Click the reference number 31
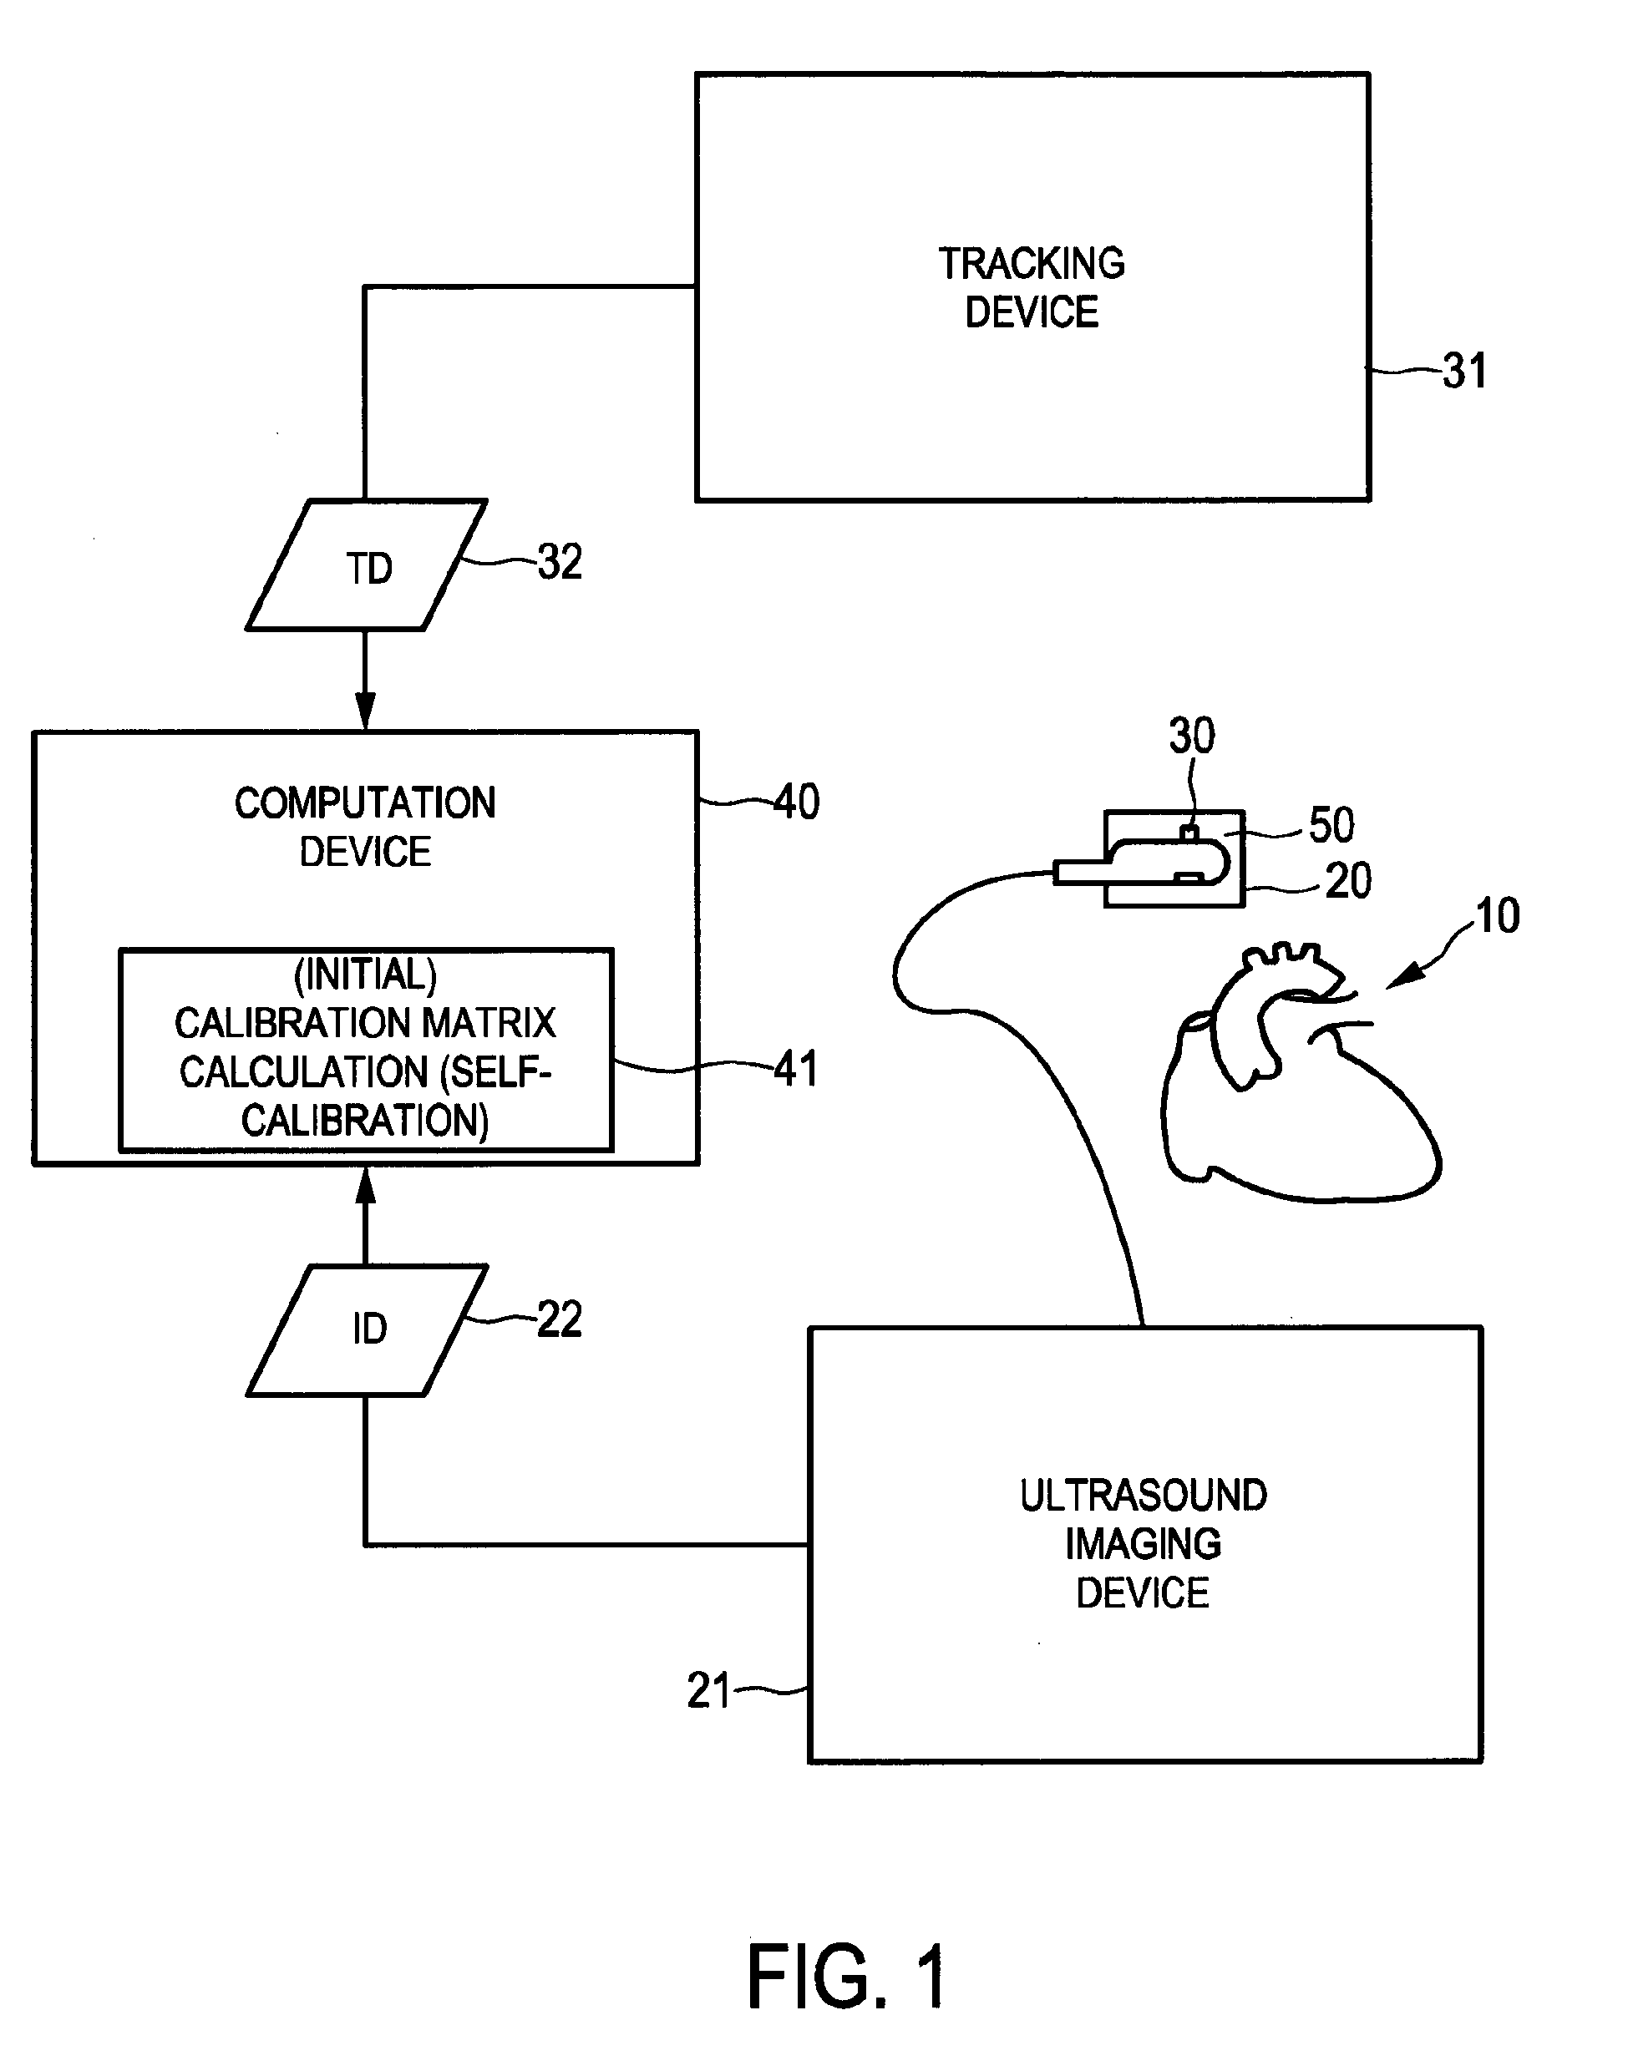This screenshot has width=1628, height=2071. (1463, 371)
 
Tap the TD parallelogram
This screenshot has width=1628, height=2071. (367, 566)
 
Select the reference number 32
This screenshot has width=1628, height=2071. (560, 562)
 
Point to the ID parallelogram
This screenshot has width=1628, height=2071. (368, 1329)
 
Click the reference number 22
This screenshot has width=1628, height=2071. (560, 1320)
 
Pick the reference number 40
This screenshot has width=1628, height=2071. (796, 802)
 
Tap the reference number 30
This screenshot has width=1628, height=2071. (1191, 736)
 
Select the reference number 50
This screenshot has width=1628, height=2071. (1331, 825)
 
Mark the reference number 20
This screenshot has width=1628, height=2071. (1348, 881)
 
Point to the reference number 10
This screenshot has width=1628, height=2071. (1497, 916)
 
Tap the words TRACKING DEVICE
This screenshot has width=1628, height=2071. (1032, 288)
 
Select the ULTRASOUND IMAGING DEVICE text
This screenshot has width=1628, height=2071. (1143, 1543)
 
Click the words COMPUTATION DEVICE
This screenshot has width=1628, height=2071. (365, 828)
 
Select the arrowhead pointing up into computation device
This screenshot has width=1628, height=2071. (365, 1185)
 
